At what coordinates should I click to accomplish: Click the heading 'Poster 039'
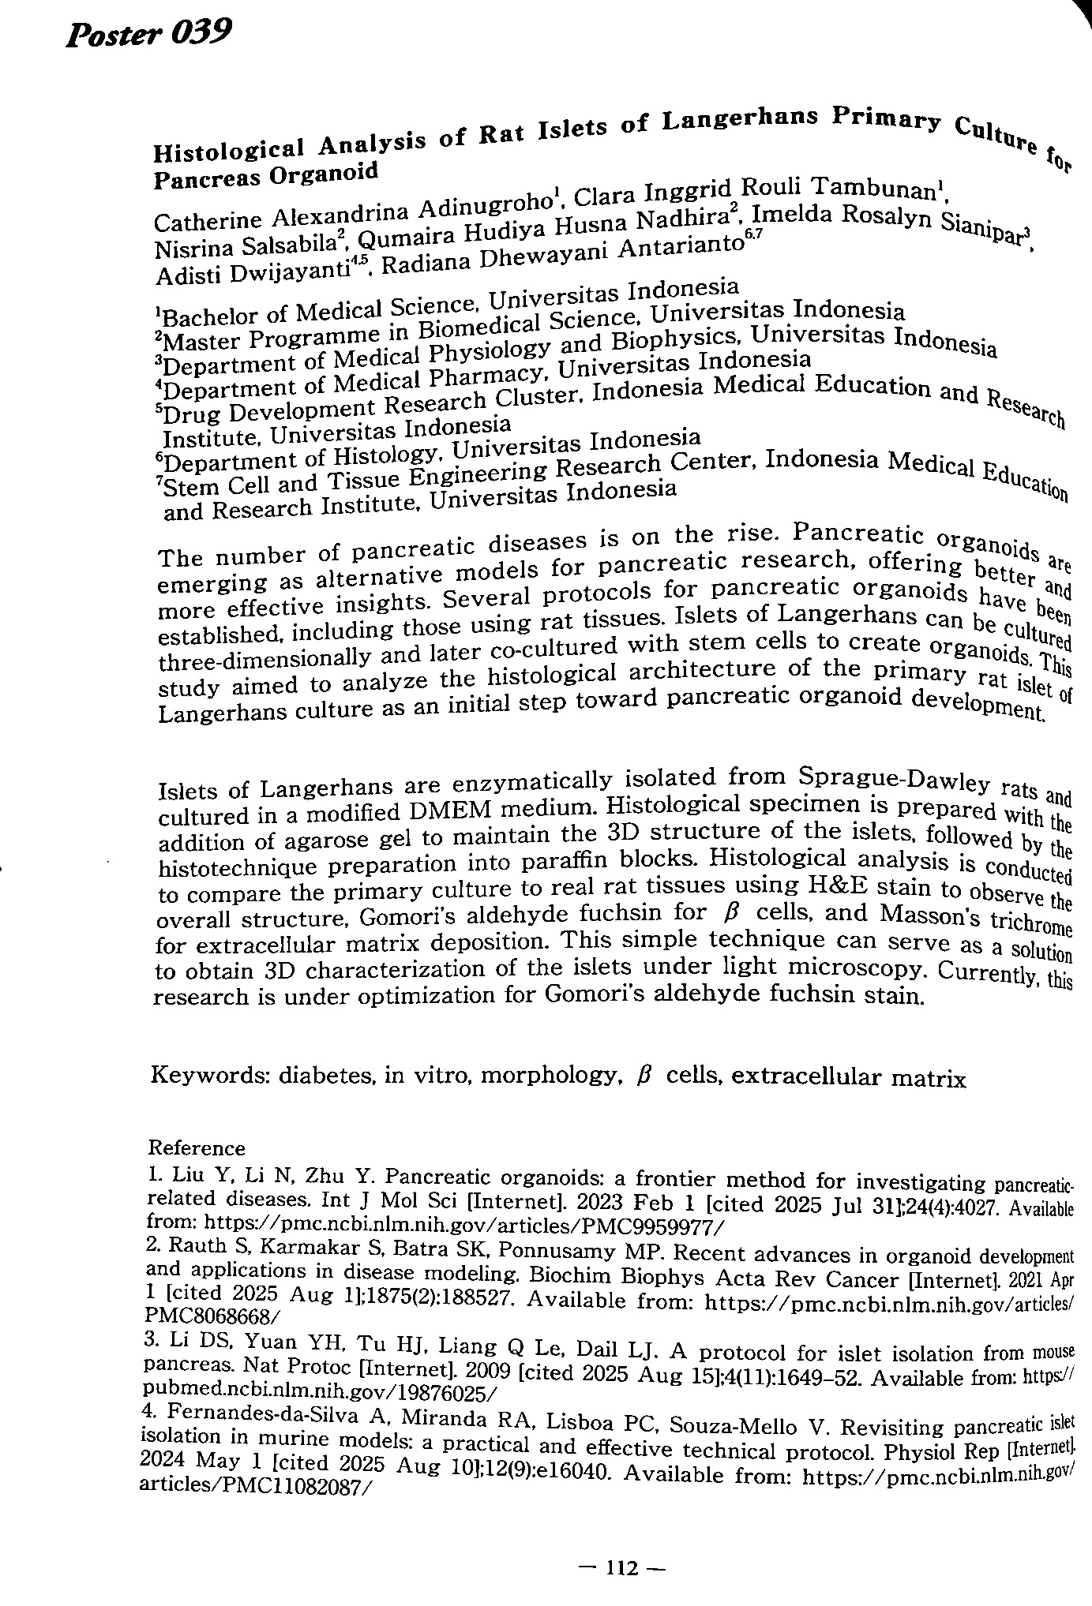(x=148, y=35)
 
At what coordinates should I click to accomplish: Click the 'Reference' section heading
(x=197, y=1147)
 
